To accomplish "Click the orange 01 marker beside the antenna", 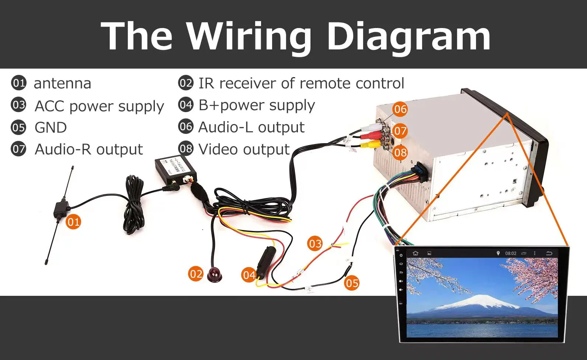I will point(73,222).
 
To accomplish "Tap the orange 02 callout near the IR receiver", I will point(196,274).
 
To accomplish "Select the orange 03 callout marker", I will point(315,243).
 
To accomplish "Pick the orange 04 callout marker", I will point(249,275).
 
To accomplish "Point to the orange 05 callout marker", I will point(352,283).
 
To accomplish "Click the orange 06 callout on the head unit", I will point(400,109).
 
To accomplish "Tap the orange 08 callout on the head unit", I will point(400,152).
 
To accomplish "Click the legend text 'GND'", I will point(51,128).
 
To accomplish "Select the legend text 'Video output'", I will point(244,149).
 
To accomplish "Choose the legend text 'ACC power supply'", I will point(99,106).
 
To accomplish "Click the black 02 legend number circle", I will point(185,83).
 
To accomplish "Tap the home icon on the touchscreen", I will point(416,253).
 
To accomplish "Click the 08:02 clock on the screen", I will point(511,253).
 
